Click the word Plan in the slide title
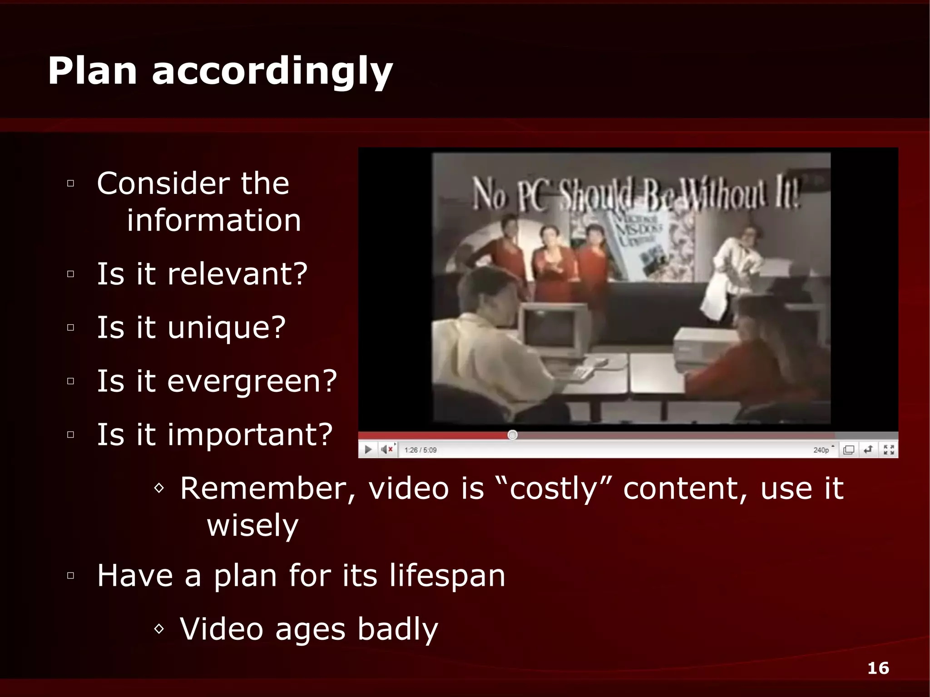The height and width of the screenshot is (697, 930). coord(92,71)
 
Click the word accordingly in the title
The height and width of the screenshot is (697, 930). coord(272,73)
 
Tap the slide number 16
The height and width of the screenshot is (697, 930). coord(878,668)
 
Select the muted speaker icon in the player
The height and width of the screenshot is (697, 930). coord(386,450)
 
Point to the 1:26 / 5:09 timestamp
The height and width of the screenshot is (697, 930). coord(420,450)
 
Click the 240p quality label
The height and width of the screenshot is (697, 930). coord(821,450)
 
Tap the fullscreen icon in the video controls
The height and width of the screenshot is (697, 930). coord(889,450)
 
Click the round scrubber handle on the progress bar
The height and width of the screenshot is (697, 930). coord(512,435)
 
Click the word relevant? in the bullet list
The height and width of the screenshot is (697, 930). coord(237,274)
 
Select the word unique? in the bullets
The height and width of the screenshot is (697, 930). coord(227,328)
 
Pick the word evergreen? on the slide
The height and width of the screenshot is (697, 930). coord(252,381)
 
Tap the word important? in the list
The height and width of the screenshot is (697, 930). coord(250,435)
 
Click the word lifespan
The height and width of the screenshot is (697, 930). coord(447,576)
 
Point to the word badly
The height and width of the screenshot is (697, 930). coord(397,629)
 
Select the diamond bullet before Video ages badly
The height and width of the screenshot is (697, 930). coord(159,629)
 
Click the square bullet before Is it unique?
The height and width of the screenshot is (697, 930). coord(70,327)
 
